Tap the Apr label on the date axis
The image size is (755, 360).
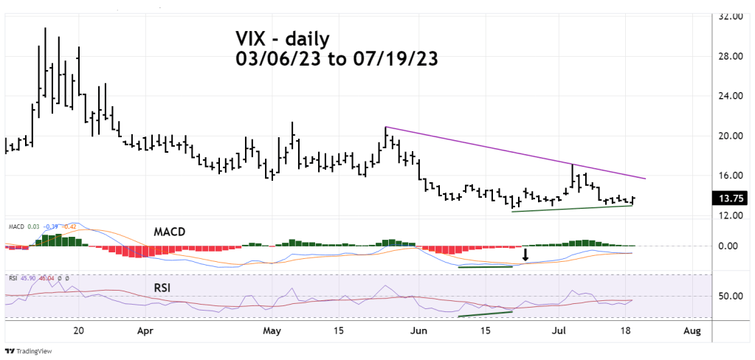145,330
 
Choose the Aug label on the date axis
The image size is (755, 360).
691,330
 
